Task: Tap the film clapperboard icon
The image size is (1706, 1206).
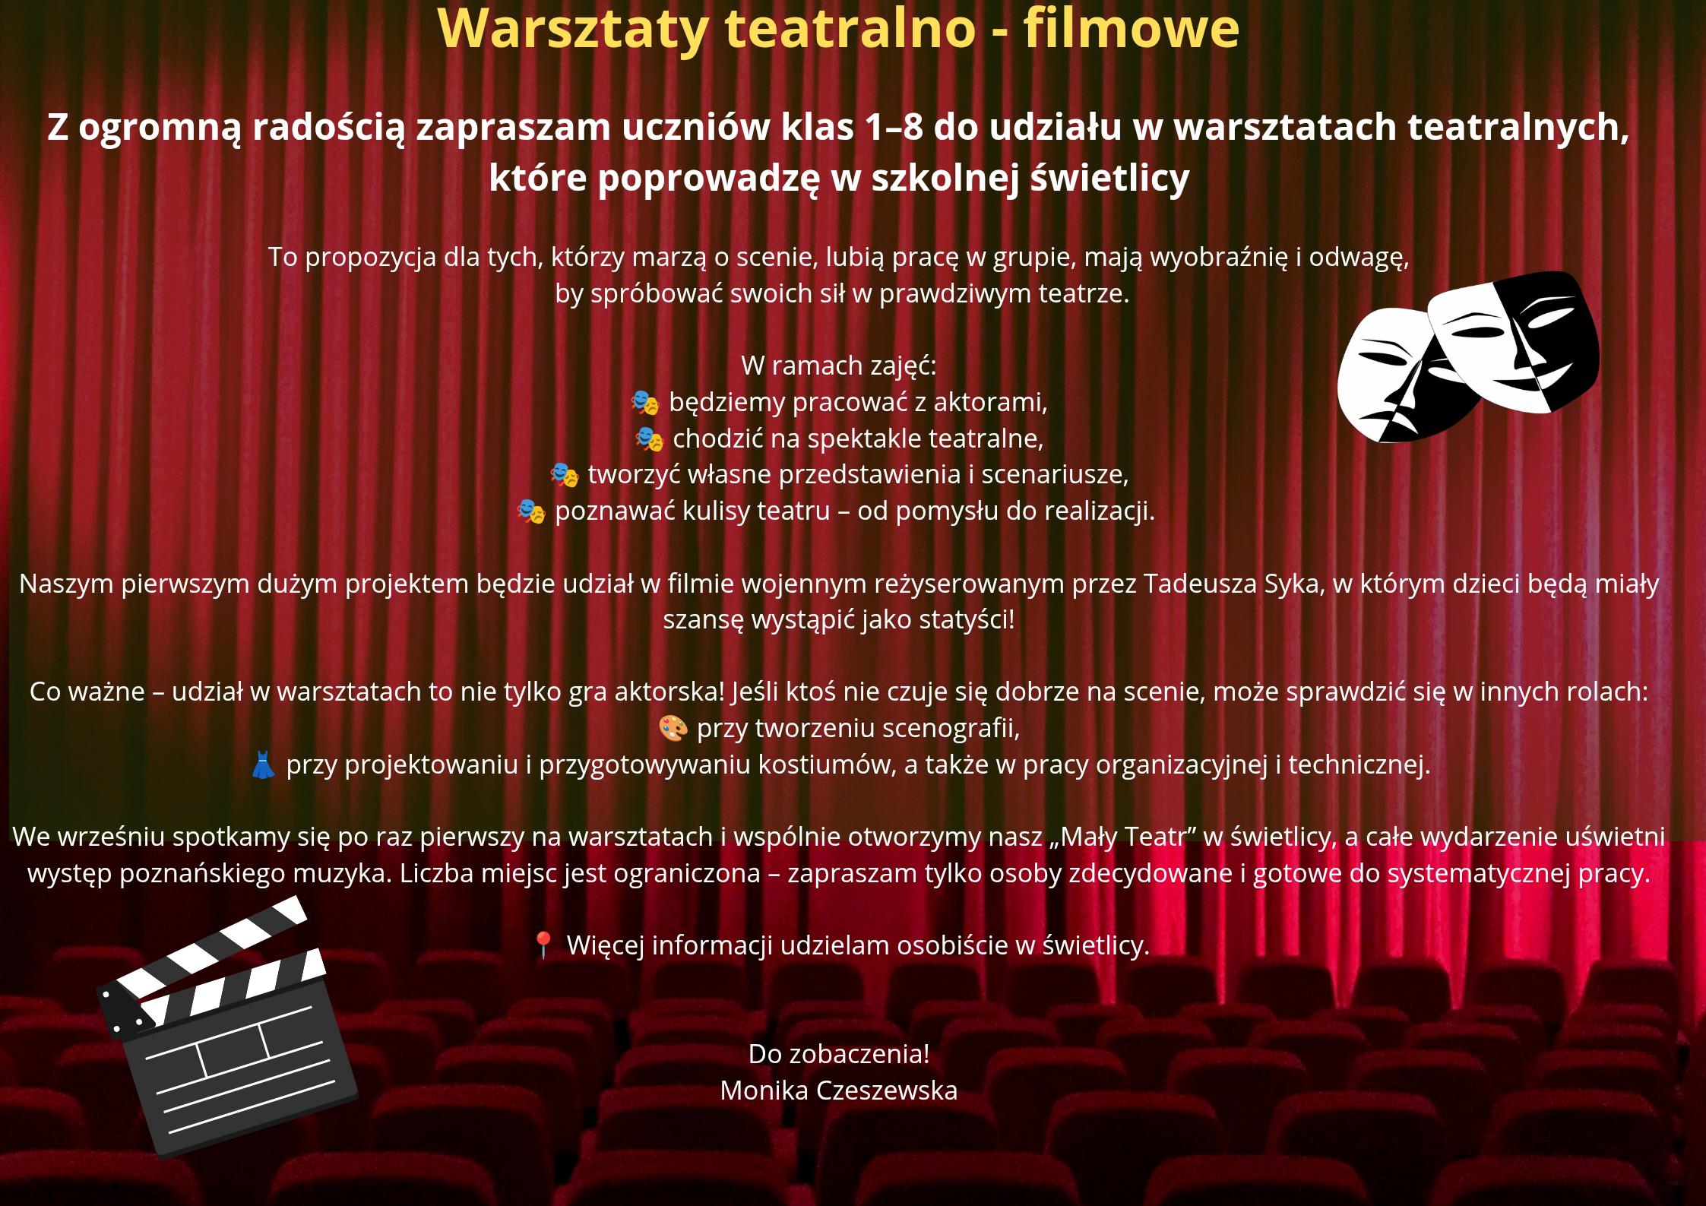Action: tap(227, 1026)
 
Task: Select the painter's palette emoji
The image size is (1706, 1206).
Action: tap(673, 729)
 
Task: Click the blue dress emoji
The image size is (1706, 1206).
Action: tap(263, 765)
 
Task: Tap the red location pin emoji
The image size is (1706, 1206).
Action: tap(543, 945)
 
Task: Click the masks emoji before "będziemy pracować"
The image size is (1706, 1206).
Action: tap(644, 403)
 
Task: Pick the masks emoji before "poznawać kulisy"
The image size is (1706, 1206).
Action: tap(530, 511)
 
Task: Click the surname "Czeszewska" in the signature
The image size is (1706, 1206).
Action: tap(886, 1090)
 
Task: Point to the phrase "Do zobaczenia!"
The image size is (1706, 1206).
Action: tap(839, 1054)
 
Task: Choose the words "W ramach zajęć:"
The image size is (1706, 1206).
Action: tap(839, 366)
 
